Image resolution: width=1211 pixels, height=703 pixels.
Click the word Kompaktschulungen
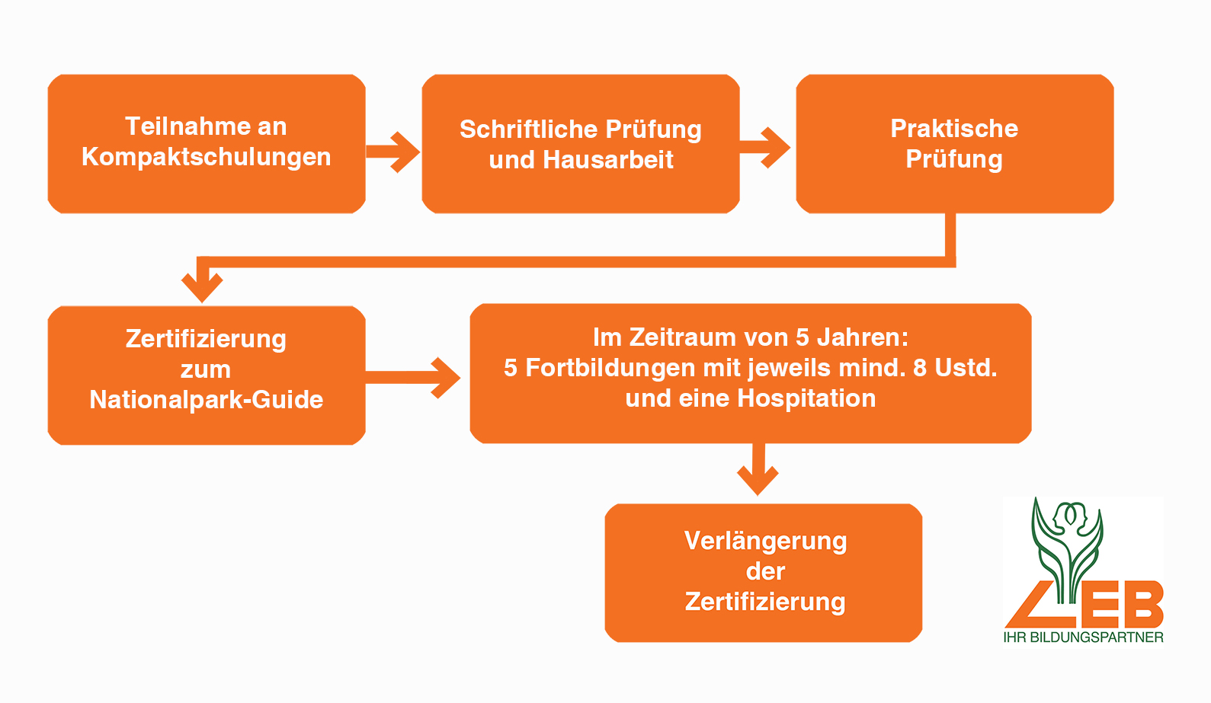(206, 157)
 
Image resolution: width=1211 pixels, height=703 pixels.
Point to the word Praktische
(954, 129)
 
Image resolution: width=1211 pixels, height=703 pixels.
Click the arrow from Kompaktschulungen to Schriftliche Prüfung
(393, 152)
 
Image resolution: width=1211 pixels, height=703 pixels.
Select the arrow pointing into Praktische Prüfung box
(767, 147)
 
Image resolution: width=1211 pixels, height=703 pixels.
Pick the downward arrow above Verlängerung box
(758, 472)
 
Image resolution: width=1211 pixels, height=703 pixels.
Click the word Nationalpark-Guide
(206, 400)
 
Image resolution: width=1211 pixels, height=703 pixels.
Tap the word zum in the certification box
(206, 369)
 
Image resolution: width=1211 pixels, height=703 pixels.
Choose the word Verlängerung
(765, 541)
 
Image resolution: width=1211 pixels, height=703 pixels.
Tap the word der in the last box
(765, 571)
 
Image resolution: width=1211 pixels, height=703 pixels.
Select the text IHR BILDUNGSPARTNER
(1083, 637)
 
